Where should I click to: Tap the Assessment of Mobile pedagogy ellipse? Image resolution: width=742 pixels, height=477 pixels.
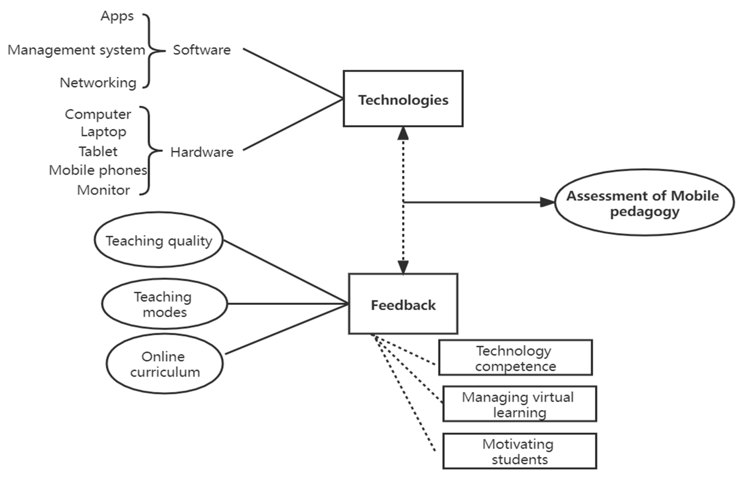click(644, 202)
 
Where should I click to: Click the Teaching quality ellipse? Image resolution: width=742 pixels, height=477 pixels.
click(159, 240)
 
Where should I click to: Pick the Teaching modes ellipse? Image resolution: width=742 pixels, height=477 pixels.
click(164, 303)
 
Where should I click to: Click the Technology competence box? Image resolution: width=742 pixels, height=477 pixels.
click(515, 358)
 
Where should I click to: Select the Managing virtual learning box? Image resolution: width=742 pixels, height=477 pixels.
click(519, 404)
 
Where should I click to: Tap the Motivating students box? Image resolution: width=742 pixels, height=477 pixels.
click(519, 451)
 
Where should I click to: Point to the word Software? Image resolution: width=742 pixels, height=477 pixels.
click(202, 50)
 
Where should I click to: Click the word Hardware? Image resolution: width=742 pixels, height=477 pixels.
click(202, 152)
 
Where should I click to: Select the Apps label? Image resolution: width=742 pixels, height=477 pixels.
click(117, 16)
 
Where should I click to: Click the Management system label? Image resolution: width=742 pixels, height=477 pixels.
click(76, 50)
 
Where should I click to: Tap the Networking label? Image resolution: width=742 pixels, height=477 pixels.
click(98, 83)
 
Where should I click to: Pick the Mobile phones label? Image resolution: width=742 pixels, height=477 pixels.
click(98, 170)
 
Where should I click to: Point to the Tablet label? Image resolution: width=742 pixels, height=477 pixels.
click(98, 151)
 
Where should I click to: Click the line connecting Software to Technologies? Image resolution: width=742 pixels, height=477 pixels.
click(292, 73)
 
